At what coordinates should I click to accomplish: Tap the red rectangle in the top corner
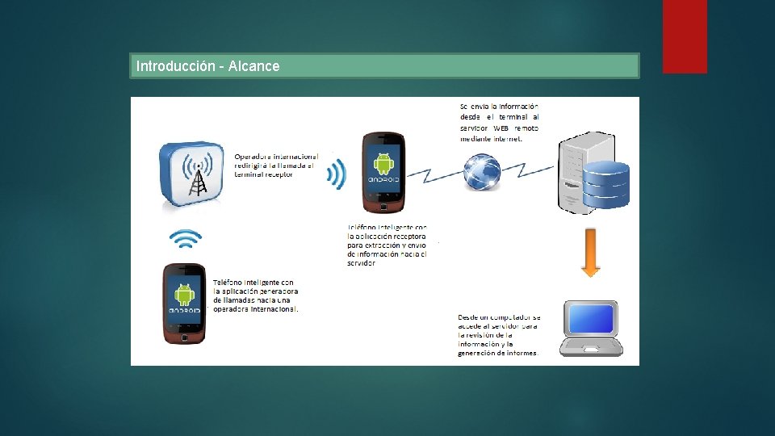685,36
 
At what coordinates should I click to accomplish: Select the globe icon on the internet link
482,171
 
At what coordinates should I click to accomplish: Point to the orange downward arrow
591,253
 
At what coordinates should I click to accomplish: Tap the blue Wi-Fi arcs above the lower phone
185,238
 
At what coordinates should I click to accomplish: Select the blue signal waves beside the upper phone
337,173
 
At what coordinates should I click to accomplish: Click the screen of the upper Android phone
383,168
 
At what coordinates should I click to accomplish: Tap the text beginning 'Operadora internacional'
276,166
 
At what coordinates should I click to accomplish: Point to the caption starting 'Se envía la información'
499,122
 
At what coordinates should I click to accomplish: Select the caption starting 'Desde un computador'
499,335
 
